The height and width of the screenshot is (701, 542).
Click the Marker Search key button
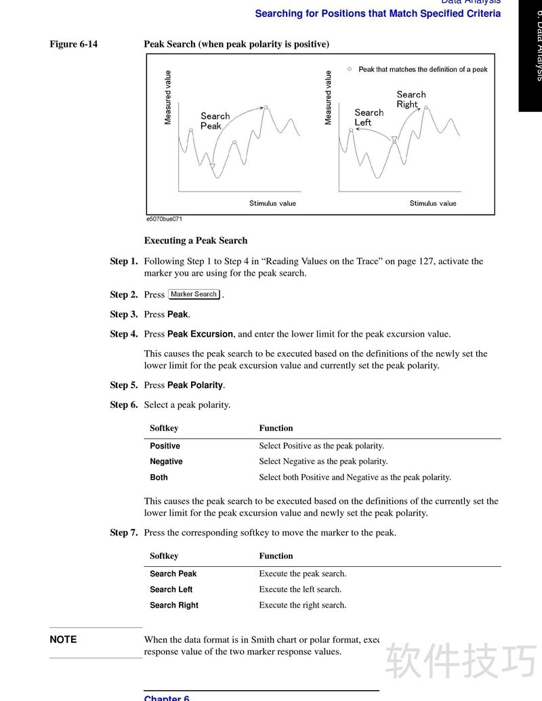194,295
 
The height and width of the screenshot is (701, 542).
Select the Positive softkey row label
165,446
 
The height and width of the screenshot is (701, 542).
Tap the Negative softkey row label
166,461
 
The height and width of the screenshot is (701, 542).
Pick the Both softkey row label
159,477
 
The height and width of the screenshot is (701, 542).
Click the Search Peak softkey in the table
173,574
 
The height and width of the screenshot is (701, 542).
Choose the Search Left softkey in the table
171,589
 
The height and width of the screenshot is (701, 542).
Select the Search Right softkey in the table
173,605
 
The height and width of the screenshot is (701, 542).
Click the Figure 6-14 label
73,44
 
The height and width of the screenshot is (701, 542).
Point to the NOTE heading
63,639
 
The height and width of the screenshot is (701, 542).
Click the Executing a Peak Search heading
196,240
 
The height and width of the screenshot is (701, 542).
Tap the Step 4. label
124,334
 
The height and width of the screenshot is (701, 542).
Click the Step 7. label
124,532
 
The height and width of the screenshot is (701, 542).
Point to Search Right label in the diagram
411,100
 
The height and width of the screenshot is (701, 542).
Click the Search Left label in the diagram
369,117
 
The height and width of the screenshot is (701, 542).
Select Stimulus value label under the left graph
272,203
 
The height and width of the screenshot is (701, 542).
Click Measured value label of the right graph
329,98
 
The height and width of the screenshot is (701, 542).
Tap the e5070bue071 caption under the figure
164,219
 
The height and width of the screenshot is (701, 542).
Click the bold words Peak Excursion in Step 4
201,334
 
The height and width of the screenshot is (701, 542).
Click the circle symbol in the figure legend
350,68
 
